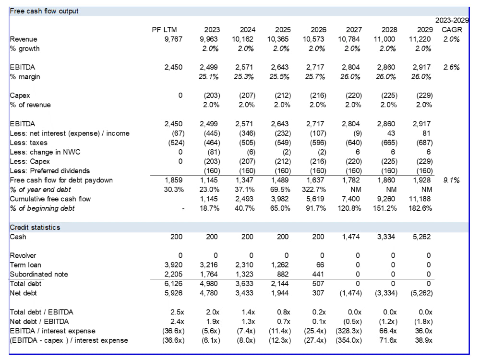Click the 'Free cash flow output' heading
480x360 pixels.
pyautogui.click(x=44, y=12)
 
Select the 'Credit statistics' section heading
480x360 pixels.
pyautogui.click(x=35, y=228)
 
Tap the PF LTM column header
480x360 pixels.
pyautogui.click(x=164, y=30)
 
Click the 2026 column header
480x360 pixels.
pyautogui.click(x=318, y=30)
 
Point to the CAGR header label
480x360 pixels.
pyautogui.click(x=452, y=30)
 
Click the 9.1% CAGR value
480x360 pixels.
pyautogui.click(x=452, y=180)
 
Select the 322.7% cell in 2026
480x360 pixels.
pyautogui.click(x=314, y=190)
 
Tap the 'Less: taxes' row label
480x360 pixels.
pyautogui.click(x=28, y=143)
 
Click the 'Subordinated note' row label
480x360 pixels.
pyautogui.click(x=39, y=274)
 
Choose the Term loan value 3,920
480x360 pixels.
pyautogui.click(x=174, y=265)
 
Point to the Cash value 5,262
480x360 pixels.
pyautogui.click(x=421, y=237)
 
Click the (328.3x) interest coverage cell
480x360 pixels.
pyautogui.click(x=348, y=331)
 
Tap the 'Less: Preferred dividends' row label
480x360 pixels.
pyautogui.click(x=50, y=171)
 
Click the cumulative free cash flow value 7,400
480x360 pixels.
pyautogui.click(x=351, y=199)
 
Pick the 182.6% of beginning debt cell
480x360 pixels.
pyautogui.click(x=420, y=208)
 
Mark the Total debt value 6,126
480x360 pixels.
pyautogui.click(x=174, y=284)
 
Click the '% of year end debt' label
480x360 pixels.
pyautogui.click(x=40, y=190)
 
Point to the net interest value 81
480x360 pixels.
pyautogui.click(x=426, y=133)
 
